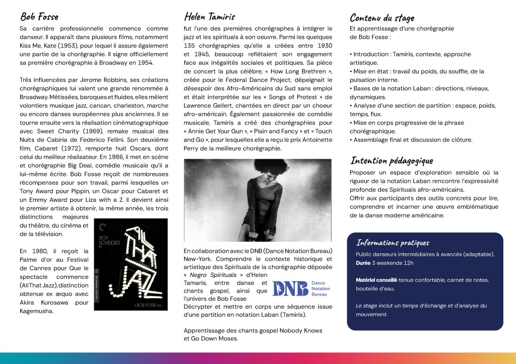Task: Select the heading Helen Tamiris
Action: [x=210, y=17]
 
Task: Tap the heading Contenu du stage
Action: [x=381, y=18]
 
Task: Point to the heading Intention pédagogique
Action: [x=391, y=161]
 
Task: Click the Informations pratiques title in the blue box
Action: [x=393, y=243]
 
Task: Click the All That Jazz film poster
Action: [x=131, y=264]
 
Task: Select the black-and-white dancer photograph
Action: [x=257, y=200]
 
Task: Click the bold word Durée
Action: [x=363, y=263]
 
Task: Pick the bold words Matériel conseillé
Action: [x=376, y=280]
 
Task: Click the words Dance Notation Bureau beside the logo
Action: [x=320, y=288]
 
